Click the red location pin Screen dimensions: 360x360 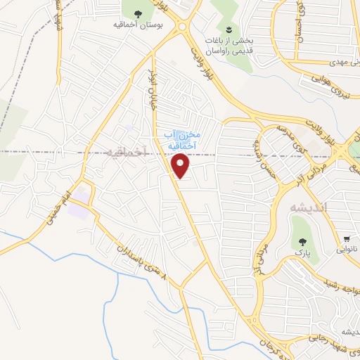tap(181, 166)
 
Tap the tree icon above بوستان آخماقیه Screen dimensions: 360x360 tap(138, 13)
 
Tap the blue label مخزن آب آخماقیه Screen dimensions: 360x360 tap(182, 139)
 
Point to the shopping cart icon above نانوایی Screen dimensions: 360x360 tap(347, 238)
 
